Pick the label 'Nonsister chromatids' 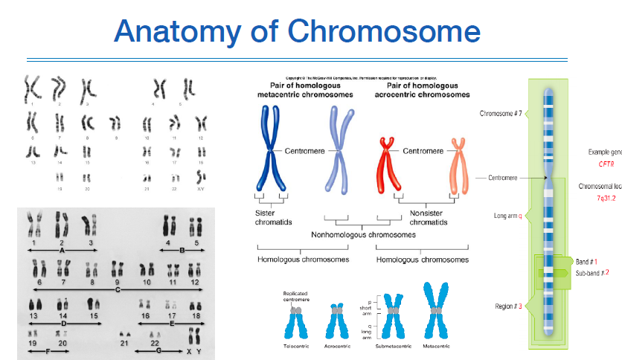click(427, 216)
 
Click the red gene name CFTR click(606, 164)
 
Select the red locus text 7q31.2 click(606, 199)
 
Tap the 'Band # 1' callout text click(587, 262)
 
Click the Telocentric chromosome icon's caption click(295, 347)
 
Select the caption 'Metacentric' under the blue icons click(437, 347)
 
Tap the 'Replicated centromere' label click(295, 296)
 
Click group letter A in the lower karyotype click(62, 251)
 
